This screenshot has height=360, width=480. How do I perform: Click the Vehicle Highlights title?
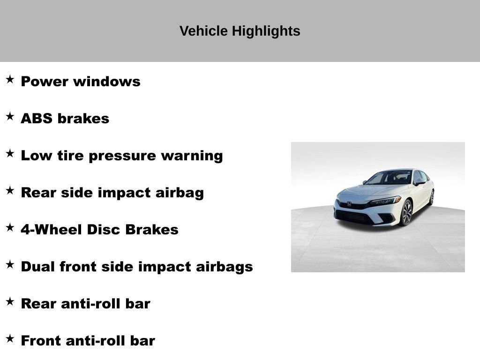pyautogui.click(x=240, y=31)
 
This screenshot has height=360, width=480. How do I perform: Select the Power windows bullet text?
pyautogui.click(x=81, y=82)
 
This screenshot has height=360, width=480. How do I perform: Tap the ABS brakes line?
pyautogui.click(x=65, y=119)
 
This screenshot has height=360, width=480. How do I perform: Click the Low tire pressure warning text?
pyautogui.click(x=122, y=156)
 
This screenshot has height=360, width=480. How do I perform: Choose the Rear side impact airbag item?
pyautogui.click(x=112, y=193)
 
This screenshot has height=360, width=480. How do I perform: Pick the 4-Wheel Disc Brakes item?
pyautogui.click(x=99, y=230)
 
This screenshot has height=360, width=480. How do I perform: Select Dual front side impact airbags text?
pyautogui.click(x=137, y=267)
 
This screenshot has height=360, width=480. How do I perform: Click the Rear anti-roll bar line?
pyautogui.click(x=85, y=304)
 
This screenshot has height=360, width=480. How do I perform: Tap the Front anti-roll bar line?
pyautogui.click(x=88, y=341)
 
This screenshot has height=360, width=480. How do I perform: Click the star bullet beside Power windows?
pyautogui.click(x=10, y=79)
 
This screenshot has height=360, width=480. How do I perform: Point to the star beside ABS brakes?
pyautogui.click(x=10, y=116)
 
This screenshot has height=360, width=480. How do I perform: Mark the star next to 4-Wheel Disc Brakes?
pyautogui.click(x=10, y=227)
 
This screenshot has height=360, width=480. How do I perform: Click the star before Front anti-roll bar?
pyautogui.click(x=10, y=338)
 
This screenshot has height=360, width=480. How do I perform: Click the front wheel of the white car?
pyautogui.click(x=406, y=212)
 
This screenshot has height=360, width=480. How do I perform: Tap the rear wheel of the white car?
pyautogui.click(x=431, y=197)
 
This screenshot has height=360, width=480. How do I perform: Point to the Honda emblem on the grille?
pyautogui.click(x=349, y=204)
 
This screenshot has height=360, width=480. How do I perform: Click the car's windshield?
pyautogui.click(x=389, y=178)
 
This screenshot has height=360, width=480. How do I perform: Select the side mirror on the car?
pyautogui.click(x=419, y=182)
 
